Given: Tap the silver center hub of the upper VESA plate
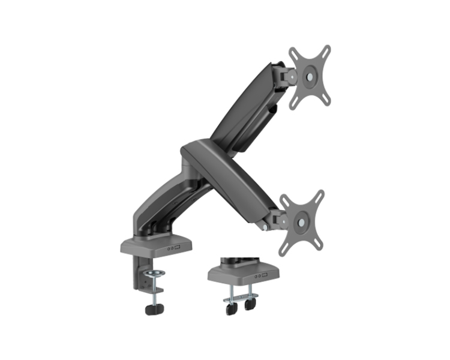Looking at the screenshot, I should click(x=310, y=77).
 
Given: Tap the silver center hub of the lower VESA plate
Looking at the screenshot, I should click(x=301, y=221).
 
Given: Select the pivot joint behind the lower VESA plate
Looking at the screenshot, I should click(x=278, y=220).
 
